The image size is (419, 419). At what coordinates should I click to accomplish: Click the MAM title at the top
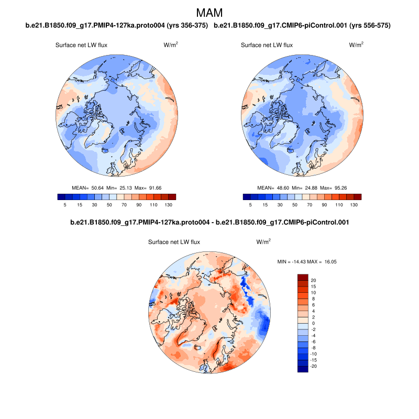[209, 12]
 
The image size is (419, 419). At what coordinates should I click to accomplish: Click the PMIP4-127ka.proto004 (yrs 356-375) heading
[117, 25]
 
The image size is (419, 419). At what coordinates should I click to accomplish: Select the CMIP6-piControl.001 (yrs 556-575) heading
[303, 25]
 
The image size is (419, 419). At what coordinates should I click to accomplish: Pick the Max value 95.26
[340, 188]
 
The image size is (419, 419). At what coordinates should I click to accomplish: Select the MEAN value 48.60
[280, 188]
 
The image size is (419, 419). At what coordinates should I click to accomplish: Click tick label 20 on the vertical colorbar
[313, 280]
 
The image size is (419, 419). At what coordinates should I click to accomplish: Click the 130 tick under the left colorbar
[169, 206]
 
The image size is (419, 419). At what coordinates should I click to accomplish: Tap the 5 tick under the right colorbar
[250, 206]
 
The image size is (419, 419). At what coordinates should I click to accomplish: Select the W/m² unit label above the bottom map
[263, 242]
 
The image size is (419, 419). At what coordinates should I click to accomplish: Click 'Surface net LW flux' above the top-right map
[267, 45]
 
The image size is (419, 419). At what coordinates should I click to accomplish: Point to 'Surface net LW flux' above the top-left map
[81, 45]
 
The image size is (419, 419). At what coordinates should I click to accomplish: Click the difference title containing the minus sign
[210, 223]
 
